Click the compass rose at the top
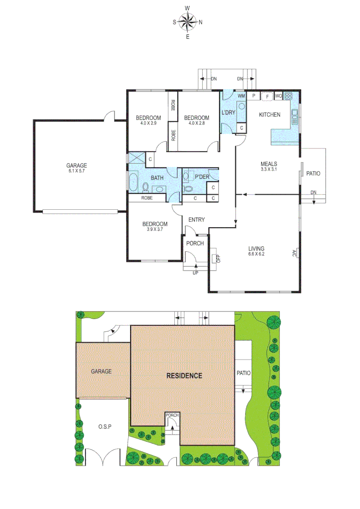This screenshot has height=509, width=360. pos(188,21)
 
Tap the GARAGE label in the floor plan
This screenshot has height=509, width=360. pos(76,165)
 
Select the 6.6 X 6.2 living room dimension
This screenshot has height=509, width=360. pos(256,254)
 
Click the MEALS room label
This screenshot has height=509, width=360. pos(269,164)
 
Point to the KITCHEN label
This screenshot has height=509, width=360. pos(270,115)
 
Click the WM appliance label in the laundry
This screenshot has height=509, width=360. pos(241,96)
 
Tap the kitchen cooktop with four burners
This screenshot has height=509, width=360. pos(288,96)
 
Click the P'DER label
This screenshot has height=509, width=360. pos(201,177)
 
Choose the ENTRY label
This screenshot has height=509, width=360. pos(196,220)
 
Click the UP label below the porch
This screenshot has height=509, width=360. pos(195,272)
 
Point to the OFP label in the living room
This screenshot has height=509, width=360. pos(218,258)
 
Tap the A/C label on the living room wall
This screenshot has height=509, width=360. pos(294,253)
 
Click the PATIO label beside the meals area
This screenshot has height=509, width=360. pos(313,173)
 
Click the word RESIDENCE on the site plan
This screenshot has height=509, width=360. pos(184,376)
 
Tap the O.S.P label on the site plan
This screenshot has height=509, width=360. pos(104,427)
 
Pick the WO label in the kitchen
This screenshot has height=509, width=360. pos(278,96)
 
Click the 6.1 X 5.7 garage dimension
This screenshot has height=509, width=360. pos(76,171)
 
